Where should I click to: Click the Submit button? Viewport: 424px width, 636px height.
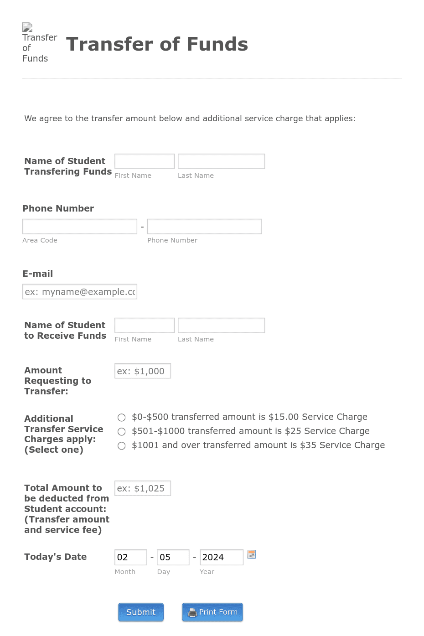(140, 612)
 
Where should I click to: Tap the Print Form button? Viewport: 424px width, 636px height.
(212, 612)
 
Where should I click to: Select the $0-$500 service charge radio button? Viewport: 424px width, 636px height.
(122, 417)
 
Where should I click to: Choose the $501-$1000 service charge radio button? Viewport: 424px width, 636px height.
(122, 431)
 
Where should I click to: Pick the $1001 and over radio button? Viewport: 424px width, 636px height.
(122, 445)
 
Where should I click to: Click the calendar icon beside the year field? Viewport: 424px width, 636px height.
(251, 554)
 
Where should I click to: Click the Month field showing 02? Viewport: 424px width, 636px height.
(130, 557)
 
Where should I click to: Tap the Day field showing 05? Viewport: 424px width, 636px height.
(173, 557)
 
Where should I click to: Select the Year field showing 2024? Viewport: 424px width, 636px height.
(221, 557)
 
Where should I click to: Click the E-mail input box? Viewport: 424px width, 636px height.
(80, 292)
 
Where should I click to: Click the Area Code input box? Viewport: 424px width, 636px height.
(80, 227)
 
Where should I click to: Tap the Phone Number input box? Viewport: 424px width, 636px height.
(204, 227)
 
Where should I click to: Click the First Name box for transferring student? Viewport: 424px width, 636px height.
(145, 161)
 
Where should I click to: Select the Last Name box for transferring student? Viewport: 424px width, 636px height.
(221, 161)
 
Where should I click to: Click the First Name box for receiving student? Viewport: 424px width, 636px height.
(145, 326)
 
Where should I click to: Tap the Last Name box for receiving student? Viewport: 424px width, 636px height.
(221, 326)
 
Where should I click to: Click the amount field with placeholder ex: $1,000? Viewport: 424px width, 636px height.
(143, 371)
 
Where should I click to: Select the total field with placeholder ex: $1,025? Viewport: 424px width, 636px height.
(143, 488)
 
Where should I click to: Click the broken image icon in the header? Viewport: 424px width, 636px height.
(27, 27)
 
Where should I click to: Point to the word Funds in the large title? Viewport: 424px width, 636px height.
(217, 44)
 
